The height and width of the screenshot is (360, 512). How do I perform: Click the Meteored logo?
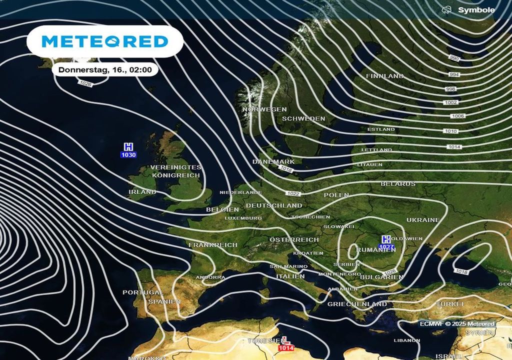104,41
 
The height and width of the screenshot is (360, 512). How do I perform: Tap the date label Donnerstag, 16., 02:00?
105,70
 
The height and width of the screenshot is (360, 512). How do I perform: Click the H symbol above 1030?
128,146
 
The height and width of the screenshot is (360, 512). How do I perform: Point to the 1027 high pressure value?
386,247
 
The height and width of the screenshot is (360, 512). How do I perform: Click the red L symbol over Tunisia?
286,340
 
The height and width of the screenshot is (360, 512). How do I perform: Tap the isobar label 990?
454,58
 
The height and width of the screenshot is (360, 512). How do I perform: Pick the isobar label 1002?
450,102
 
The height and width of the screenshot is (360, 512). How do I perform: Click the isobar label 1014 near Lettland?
454,146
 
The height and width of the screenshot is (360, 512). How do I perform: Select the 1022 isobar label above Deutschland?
293,193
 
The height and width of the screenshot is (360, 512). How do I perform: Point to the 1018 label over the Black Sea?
461,271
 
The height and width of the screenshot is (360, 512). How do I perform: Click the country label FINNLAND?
384,76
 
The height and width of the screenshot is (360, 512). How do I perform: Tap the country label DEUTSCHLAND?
274,205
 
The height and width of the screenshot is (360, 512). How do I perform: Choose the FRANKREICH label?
213,245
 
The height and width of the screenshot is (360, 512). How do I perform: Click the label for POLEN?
336,195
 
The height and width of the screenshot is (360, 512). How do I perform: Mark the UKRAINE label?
422,220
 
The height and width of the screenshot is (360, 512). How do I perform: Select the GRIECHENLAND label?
357,304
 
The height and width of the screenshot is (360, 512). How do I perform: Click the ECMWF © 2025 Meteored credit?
457,324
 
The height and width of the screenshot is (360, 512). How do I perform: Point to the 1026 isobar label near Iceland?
85,83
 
